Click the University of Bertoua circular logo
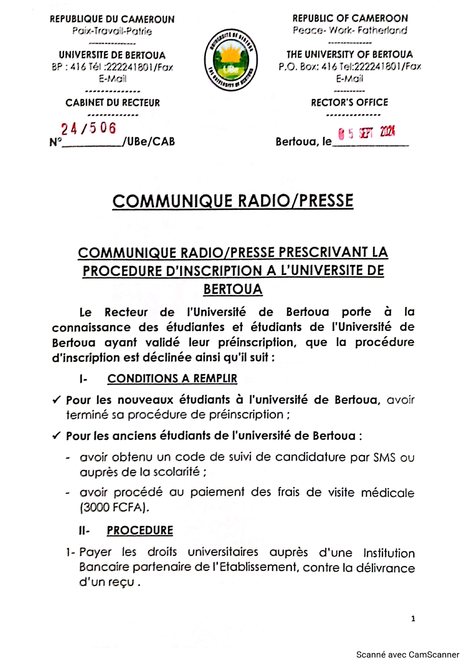231,60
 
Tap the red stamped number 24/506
89,129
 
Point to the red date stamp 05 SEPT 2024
367,133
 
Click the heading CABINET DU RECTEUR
113,103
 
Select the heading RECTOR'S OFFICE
349,102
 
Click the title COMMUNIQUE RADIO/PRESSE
233,201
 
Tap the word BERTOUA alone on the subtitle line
233,289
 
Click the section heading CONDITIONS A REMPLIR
172,379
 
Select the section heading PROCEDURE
140,530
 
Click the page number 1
413,619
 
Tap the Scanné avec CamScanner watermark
408,655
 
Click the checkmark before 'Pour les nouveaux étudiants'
56,400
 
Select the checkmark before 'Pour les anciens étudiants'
56,436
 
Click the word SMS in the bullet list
384,457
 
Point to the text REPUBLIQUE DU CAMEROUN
112,19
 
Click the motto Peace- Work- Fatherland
350,30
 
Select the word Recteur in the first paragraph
126,312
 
